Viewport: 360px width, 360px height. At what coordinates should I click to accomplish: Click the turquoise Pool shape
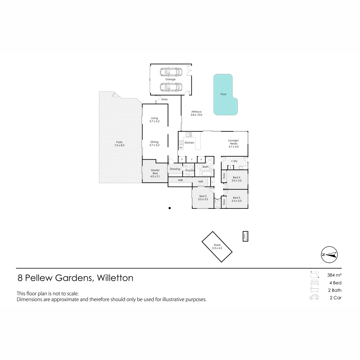click(x=223, y=94)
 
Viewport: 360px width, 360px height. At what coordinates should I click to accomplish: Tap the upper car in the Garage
click(x=171, y=72)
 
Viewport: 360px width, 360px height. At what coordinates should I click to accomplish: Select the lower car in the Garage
click(x=171, y=87)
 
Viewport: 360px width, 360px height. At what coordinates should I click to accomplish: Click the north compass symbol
click(x=329, y=255)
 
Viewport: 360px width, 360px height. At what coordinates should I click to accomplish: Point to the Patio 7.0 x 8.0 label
click(x=119, y=144)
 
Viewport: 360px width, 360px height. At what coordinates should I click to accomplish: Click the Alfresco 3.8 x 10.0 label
click(x=196, y=113)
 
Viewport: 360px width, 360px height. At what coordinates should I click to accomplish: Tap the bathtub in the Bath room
click(x=207, y=174)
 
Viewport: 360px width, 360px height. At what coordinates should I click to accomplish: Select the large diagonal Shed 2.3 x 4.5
click(x=217, y=247)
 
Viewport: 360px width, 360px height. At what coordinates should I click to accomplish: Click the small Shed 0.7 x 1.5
click(x=245, y=236)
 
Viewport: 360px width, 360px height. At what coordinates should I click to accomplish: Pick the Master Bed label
click(x=155, y=172)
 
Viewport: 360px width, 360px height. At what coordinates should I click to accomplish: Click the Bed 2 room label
click(x=203, y=196)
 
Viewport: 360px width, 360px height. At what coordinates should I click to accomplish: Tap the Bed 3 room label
click(x=236, y=198)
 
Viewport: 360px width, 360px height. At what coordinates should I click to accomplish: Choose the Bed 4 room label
click(x=236, y=178)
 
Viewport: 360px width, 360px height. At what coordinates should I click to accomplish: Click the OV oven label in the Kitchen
click(x=181, y=148)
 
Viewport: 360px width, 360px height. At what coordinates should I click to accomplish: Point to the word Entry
click(x=164, y=99)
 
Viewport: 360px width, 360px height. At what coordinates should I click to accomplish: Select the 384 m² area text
click(x=334, y=275)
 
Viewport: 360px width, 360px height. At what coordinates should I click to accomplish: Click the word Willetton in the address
click(x=115, y=278)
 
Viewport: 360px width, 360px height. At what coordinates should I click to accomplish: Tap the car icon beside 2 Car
click(x=314, y=297)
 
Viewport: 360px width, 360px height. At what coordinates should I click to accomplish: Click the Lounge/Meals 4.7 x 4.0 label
click(x=233, y=143)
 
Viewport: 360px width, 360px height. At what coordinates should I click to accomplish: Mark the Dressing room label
click(x=175, y=169)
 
